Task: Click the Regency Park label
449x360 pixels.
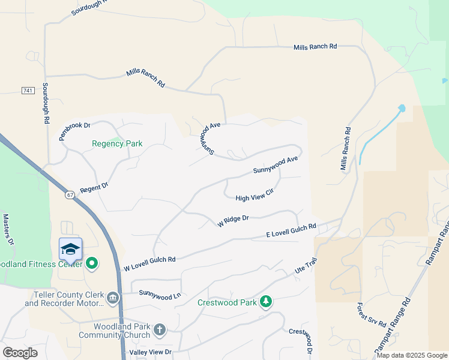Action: coord(117,143)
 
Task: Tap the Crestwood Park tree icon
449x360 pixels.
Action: coord(266,302)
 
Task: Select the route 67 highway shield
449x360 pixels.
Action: coord(70,195)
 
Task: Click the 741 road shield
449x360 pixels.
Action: coord(28,90)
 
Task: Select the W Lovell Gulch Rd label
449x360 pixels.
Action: coord(149,263)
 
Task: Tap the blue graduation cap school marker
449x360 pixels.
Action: coord(70,248)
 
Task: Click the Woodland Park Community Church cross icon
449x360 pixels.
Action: coord(159,329)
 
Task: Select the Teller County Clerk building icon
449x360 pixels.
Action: coord(112,298)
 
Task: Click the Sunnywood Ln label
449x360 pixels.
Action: coord(160,293)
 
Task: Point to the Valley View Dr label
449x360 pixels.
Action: coord(151,352)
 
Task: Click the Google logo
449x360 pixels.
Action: coord(20,352)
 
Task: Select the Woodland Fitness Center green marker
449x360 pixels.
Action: coord(92,263)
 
